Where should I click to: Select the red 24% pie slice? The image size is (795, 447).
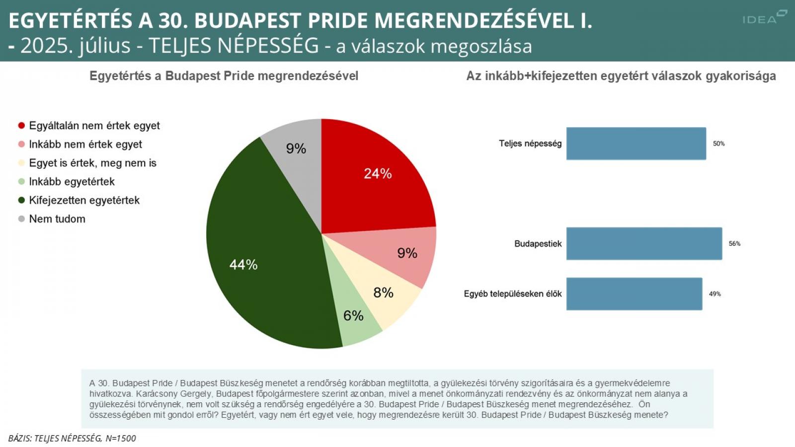click(x=373, y=179)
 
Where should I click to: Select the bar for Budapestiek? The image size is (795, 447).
click(x=644, y=243)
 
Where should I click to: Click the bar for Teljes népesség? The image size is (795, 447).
click(x=636, y=144)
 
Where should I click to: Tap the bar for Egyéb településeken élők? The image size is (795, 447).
click(x=634, y=294)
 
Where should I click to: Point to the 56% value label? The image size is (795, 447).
click(x=734, y=244)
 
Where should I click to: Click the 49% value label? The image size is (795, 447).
click(x=715, y=294)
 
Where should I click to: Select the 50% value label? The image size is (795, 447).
click(x=718, y=144)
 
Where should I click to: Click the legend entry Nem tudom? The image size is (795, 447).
click(x=57, y=219)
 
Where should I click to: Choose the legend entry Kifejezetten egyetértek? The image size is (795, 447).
click(x=84, y=200)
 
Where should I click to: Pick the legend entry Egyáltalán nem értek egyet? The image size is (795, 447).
click(x=94, y=126)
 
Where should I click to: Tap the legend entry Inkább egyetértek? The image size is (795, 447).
click(x=72, y=182)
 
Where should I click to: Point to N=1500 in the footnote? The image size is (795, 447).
click(x=120, y=438)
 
